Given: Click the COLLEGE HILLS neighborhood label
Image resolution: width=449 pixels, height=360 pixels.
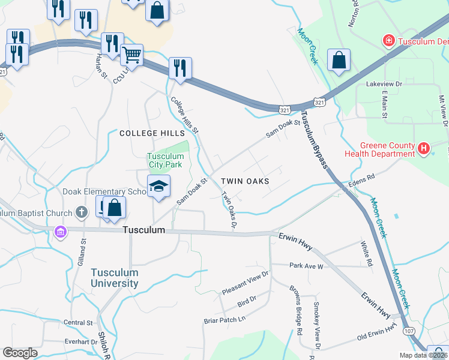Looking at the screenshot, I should tap(147, 133).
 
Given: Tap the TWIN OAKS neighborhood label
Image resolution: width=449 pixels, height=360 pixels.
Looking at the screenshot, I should tap(244, 181).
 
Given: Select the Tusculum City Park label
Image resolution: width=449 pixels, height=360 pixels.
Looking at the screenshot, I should tap(166, 161).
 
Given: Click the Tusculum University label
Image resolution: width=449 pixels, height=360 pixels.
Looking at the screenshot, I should tap(115, 277).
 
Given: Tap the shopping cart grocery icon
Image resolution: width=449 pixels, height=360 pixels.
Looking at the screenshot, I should tap(131, 55).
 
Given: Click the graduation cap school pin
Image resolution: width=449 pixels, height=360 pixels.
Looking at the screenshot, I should tap(159, 187).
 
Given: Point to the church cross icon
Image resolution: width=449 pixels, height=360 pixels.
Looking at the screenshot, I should tap(82, 212).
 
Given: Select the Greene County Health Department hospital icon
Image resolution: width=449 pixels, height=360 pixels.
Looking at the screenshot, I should tap(424, 148).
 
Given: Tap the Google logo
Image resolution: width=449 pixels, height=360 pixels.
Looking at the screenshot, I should tap(20, 352).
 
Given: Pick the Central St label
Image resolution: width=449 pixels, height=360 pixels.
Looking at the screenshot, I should tap(79, 322).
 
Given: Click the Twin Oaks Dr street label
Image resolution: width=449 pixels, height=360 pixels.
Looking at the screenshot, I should tap(229, 210).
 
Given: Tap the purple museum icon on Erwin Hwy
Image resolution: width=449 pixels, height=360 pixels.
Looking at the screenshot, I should tap(60, 232).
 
